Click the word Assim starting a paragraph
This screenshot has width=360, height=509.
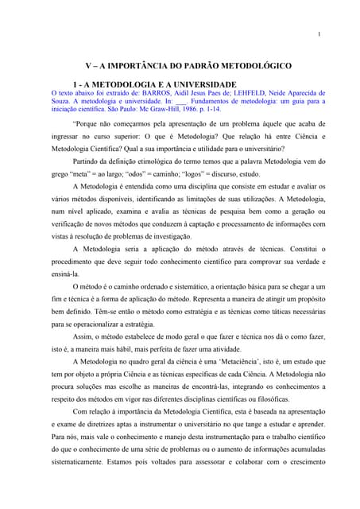coord(81,338)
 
